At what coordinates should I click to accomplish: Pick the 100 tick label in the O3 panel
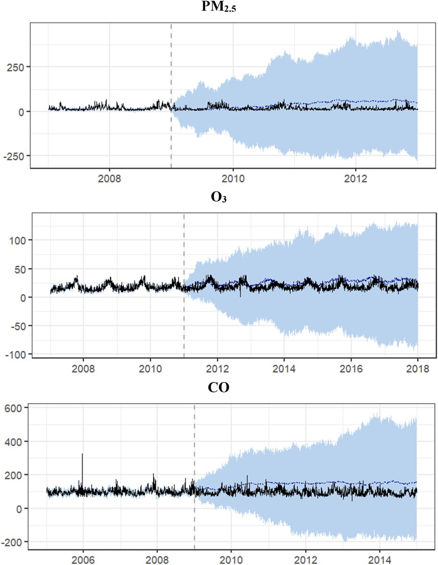click(17, 240)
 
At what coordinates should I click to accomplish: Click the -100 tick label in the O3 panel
click(15, 354)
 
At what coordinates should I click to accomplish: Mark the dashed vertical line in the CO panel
click(194, 447)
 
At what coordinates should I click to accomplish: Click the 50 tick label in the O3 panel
click(20, 269)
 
